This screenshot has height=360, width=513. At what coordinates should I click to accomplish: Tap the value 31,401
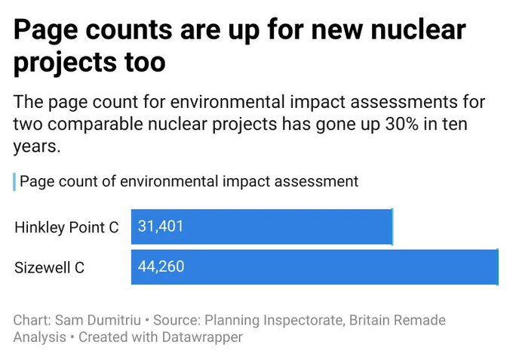[161, 226]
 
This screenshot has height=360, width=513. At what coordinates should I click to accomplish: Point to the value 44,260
[161, 266]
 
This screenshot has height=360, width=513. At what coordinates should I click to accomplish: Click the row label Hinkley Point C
[66, 227]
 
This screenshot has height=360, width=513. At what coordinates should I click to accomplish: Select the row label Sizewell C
[49, 267]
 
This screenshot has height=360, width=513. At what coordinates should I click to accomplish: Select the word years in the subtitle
[35, 146]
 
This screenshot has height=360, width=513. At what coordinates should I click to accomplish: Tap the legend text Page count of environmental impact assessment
[189, 181]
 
